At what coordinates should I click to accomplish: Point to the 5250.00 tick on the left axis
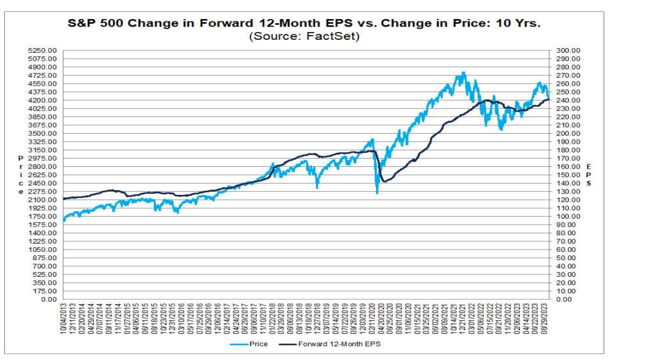45,50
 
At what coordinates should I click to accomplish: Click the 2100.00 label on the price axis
45,200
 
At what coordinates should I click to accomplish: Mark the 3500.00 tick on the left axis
45,134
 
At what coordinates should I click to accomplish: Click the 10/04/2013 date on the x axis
64,317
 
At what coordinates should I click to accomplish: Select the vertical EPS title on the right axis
588,175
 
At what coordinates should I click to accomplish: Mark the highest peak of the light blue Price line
463,73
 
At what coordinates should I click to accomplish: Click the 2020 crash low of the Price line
377,192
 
